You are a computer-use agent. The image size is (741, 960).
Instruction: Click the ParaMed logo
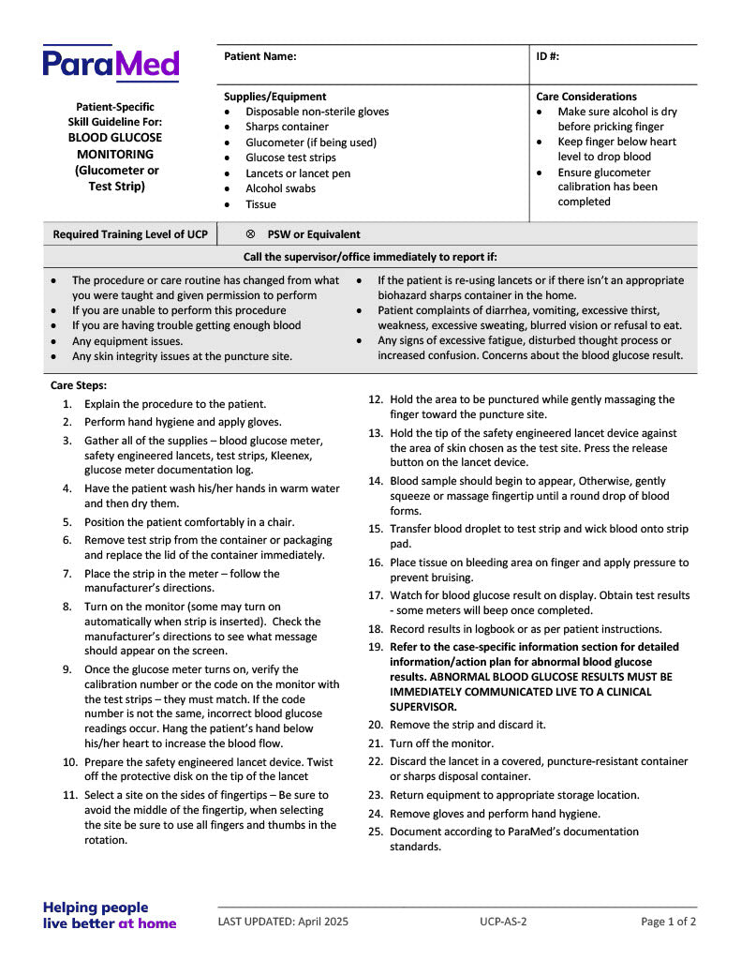click(x=111, y=64)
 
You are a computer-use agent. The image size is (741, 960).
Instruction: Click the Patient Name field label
click(x=259, y=56)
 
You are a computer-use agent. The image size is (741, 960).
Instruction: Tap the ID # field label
click(x=548, y=56)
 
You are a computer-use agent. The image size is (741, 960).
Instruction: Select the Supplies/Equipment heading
click(x=274, y=97)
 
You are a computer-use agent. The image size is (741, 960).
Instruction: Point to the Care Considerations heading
click(x=585, y=97)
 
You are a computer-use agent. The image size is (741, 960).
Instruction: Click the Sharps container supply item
click(x=287, y=127)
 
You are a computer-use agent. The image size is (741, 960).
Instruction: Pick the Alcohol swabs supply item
click(x=280, y=188)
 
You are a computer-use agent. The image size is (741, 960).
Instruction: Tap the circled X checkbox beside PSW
click(x=250, y=234)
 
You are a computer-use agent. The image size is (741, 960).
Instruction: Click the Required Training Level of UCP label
click(x=130, y=234)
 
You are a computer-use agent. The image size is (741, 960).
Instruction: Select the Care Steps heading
click(x=79, y=385)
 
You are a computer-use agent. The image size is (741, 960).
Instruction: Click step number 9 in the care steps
click(x=67, y=669)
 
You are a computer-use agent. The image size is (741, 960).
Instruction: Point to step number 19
click(x=375, y=647)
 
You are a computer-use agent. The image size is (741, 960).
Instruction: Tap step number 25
click(x=375, y=832)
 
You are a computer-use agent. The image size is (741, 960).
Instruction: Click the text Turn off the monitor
click(x=441, y=743)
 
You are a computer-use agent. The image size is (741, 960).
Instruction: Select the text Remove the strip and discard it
click(x=467, y=725)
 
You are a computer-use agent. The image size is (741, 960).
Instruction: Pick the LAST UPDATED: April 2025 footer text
click(x=282, y=922)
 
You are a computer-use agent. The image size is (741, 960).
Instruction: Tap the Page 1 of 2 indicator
click(x=668, y=922)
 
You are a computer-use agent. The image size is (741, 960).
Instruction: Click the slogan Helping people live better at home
click(x=109, y=915)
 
